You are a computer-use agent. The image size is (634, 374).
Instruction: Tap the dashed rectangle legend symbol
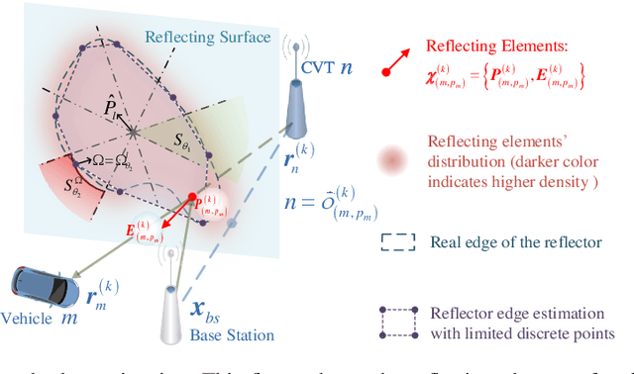(x=397, y=242)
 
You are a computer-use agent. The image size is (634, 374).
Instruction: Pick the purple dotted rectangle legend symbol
(x=397, y=320)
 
